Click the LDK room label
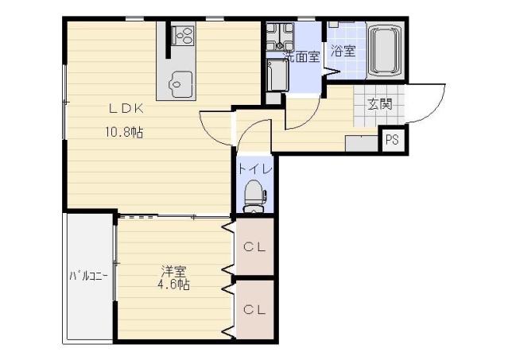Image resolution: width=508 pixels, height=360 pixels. tap(126, 108)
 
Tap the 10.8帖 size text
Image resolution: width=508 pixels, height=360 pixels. tap(124, 132)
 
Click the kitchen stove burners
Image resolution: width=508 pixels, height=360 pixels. tap(183, 35)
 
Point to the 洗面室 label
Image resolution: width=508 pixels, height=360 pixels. tap(302, 56)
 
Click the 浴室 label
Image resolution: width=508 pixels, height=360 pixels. tap(343, 51)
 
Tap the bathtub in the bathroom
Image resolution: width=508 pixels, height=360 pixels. tap(385, 51)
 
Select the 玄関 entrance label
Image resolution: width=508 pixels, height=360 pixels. tap(380, 104)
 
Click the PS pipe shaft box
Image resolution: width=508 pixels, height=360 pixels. tap(392, 140)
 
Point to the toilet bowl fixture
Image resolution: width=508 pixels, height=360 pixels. tap(254, 195)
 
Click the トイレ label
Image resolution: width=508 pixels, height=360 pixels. tap(254, 169)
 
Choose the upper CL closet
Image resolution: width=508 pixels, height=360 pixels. tap(255, 247)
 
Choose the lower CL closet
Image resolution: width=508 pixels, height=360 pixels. tap(255, 310)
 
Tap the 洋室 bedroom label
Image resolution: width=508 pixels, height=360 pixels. tap(174, 271)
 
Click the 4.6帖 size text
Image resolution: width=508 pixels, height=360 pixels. tap(173, 285)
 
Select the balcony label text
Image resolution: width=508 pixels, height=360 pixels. tap(88, 276)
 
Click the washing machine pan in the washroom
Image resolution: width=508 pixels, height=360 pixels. tap(280, 37)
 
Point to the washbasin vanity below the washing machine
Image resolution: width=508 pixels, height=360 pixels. tap(277, 75)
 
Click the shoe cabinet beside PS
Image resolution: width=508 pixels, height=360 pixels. tap(362, 143)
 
